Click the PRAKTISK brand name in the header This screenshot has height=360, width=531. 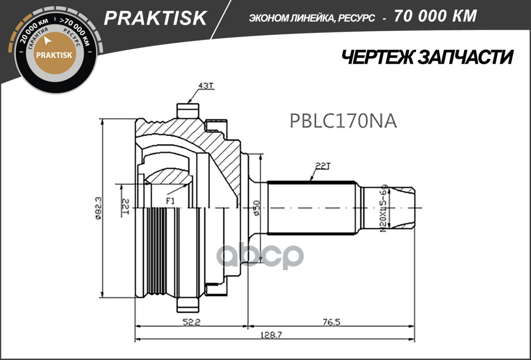point(155,18)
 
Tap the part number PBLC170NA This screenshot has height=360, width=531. point(343,121)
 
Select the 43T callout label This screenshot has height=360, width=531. point(206,86)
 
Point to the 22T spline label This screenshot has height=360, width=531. point(321,167)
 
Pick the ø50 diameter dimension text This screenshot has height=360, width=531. point(257,208)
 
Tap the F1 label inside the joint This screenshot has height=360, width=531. point(170,201)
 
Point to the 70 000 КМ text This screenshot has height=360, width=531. point(435,16)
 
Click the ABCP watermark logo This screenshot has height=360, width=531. point(260,256)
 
